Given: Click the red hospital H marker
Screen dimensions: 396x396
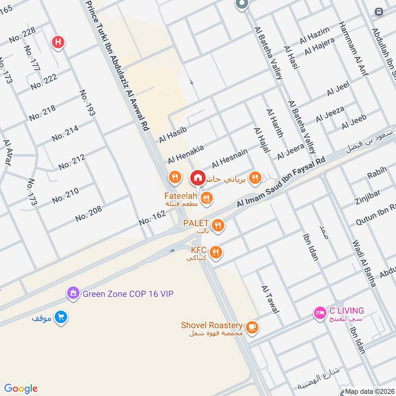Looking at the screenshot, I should click(58, 43).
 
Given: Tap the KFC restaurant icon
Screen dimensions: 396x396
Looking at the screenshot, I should click(215, 252).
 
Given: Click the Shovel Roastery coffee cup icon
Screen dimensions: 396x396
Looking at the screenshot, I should click(252, 328).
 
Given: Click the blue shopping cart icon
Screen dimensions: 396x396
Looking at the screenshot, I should click(61, 316).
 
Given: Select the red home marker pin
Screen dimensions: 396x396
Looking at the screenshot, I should click(198, 177).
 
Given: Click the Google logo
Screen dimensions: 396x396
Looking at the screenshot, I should click(21, 388).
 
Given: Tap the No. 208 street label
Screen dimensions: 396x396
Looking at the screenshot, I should click(89, 213).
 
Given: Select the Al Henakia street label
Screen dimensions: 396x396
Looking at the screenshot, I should click(185, 154).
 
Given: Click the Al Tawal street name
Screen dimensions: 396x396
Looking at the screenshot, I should click(270, 299).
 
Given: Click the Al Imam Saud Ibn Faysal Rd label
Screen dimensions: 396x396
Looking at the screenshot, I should click(281, 183).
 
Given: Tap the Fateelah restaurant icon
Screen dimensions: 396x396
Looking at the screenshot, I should click(207, 198).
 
